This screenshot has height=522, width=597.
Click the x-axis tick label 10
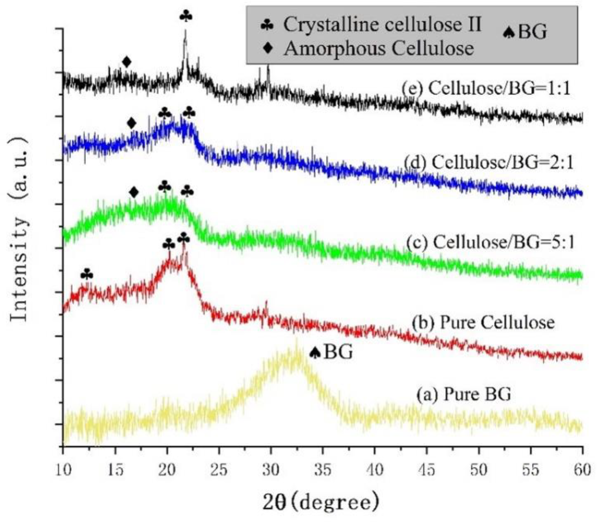pos(63,470)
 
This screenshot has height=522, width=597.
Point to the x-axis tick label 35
pos(322,470)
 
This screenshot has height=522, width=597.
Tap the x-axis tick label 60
pos(582,470)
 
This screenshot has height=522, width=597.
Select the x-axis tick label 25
pos(219,470)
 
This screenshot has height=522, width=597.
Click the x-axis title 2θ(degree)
pos(321,503)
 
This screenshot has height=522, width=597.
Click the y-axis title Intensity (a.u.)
pos(19,229)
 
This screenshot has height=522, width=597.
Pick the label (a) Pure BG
pos(463,394)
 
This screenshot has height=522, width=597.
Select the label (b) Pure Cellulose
pos(483,322)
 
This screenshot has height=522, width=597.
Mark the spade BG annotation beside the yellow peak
pos(331,352)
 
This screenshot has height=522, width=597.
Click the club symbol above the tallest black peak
pos(186,16)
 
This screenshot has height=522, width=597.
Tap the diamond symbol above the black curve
pos(127,62)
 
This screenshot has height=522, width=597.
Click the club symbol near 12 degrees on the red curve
pos(87,275)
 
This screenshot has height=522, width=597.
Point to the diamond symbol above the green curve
pos(134,192)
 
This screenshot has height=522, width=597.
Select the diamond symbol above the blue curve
pos(131,123)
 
